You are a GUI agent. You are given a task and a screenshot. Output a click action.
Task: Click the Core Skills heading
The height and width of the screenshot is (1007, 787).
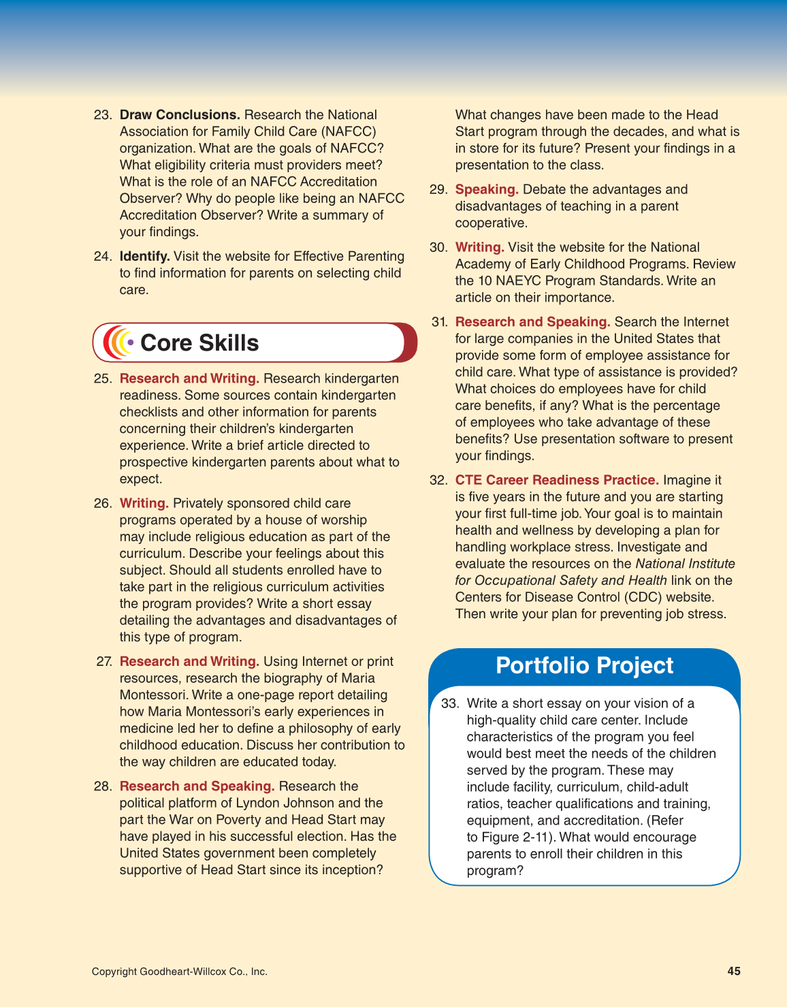tap(199, 343)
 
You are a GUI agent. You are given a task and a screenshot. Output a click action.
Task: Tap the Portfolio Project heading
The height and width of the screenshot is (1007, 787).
tap(584, 666)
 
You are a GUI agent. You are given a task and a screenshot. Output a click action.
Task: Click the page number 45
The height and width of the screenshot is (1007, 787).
tap(733, 972)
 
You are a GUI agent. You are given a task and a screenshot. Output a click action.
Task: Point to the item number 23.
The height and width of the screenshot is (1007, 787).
tap(102, 115)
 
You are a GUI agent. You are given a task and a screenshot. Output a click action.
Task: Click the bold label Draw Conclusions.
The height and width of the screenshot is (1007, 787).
tap(180, 115)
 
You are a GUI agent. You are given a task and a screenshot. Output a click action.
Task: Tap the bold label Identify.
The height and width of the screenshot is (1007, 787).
tap(144, 257)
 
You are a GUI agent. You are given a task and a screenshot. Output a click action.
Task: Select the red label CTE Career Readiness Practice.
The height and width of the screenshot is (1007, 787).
tap(556, 481)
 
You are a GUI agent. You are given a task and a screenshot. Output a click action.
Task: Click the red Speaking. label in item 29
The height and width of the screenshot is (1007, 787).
tap(487, 190)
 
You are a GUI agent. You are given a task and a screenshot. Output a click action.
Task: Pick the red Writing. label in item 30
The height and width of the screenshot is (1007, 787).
tap(479, 248)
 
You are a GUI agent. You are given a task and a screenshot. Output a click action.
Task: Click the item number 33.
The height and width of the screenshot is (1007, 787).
tap(449, 704)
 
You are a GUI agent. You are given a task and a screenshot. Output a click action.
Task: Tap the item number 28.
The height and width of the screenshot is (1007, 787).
tap(102, 787)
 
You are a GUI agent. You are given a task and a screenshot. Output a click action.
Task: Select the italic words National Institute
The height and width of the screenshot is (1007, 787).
tap(685, 564)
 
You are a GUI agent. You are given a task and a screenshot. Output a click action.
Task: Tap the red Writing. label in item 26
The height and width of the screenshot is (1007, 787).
tap(144, 504)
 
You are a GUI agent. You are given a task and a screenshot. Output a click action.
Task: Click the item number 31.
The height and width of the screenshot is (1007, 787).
tap(439, 322)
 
